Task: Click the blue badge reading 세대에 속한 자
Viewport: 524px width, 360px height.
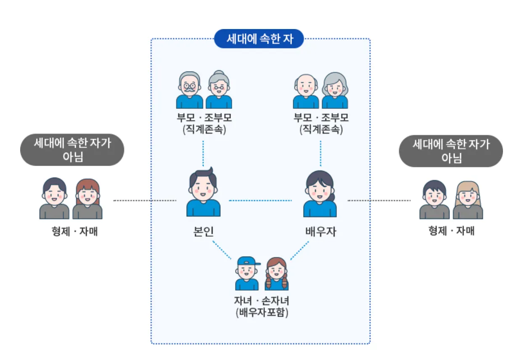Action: pos(259,39)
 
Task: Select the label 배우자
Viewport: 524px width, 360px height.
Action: pos(320,232)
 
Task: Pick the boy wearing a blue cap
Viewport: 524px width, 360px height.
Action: pos(247,273)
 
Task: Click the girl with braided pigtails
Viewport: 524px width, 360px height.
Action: pos(276,274)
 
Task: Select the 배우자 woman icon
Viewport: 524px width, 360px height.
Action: pos(320,194)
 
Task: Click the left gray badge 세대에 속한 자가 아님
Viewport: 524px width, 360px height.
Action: pos(72,150)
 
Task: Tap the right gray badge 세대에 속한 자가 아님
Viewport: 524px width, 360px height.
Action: pos(451,151)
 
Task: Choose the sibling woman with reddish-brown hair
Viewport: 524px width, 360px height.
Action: pos(87,199)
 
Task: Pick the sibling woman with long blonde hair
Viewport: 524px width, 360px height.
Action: pos(468,200)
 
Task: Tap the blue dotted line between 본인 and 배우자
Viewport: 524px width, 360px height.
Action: pos(260,200)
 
